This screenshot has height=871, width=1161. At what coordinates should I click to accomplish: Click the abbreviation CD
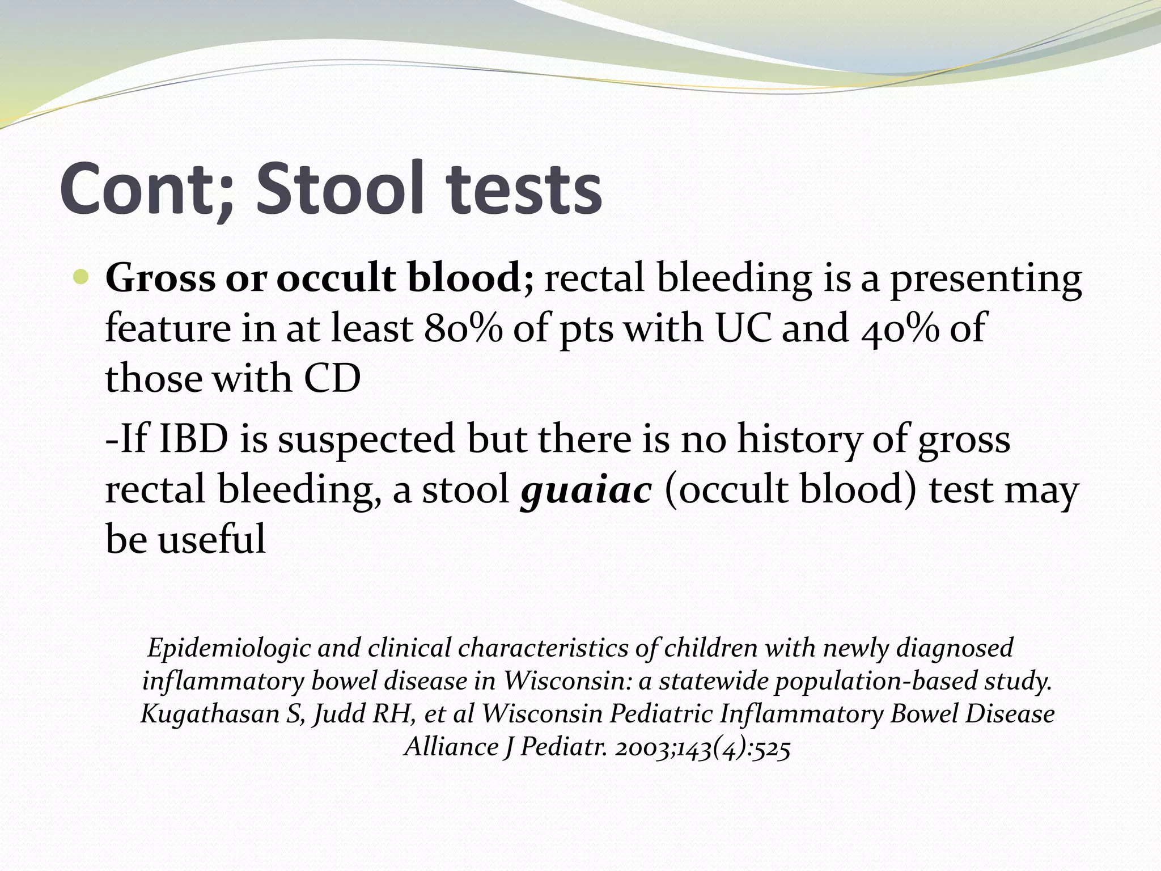pos(332,379)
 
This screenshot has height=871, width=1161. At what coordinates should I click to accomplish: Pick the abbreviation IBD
pos(193,439)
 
